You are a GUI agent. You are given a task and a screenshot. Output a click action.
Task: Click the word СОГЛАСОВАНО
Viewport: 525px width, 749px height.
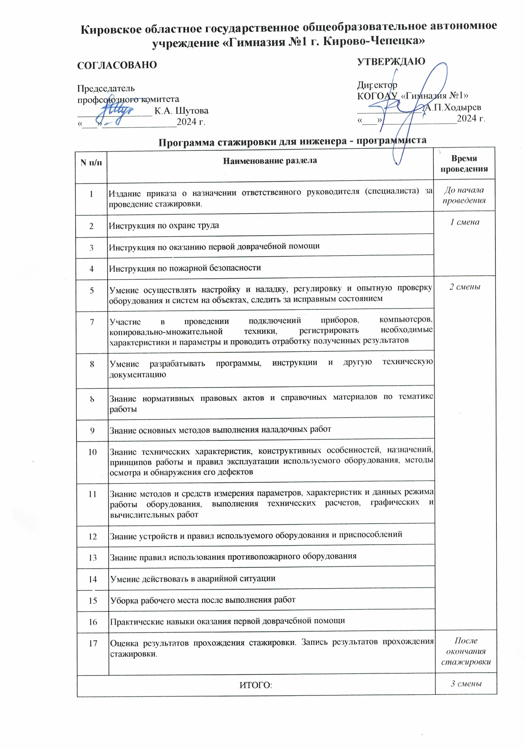(x=117, y=65)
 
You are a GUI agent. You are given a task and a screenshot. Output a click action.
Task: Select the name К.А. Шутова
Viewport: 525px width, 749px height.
(x=181, y=111)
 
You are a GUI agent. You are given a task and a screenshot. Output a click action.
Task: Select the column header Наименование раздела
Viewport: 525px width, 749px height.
(x=270, y=161)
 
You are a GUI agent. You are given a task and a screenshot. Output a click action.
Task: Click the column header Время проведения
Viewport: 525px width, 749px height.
(x=464, y=164)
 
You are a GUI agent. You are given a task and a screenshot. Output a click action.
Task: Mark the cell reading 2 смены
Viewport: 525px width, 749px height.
(x=465, y=287)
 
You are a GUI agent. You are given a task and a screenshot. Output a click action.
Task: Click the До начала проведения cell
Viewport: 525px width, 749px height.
(x=464, y=195)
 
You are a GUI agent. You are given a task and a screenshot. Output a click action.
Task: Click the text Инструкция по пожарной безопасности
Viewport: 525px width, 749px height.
(x=185, y=268)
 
